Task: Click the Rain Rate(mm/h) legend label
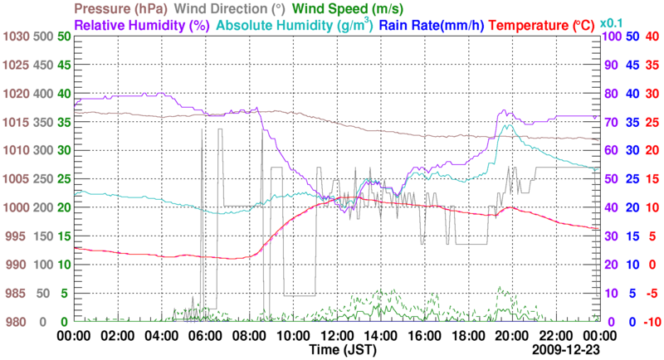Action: click(432, 25)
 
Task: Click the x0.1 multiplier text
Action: click(613, 25)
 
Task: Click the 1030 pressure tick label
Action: click(15, 37)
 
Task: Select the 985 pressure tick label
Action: click(15, 294)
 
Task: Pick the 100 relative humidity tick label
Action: click(610, 37)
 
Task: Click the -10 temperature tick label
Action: click(651, 322)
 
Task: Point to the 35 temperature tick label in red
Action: click(651, 66)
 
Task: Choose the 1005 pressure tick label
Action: click(15, 179)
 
